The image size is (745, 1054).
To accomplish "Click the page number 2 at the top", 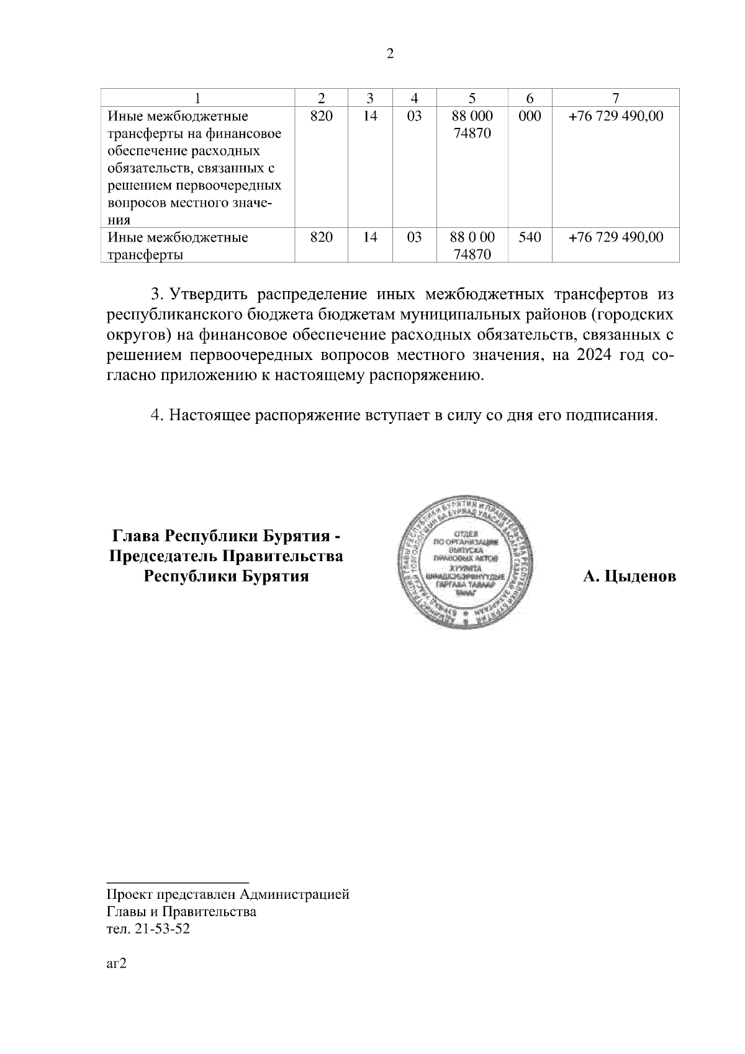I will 390,53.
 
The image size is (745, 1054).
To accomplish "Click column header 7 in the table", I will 615,98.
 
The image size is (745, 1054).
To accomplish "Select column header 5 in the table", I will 472,98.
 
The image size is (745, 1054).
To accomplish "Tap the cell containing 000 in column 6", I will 529,116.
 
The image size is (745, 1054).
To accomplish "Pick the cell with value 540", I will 529,237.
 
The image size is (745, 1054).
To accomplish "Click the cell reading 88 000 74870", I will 472,124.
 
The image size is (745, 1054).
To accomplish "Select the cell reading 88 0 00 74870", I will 472,245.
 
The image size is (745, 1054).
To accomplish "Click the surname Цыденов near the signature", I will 639,577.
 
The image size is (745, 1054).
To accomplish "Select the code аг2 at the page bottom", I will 117,964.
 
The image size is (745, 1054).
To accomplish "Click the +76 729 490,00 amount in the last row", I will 615,237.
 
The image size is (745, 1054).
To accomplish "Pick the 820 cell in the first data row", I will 321,116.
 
